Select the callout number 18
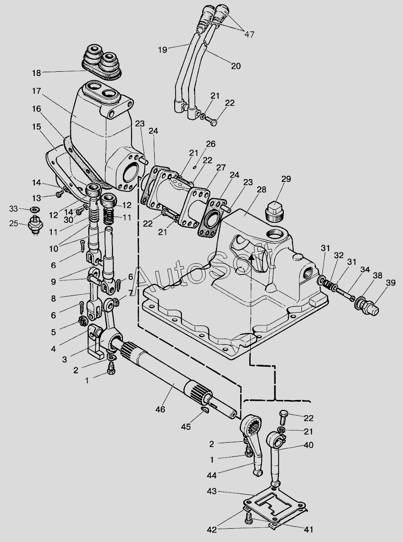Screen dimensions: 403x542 37,73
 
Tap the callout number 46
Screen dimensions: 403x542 160,409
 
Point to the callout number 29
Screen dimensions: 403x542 286,179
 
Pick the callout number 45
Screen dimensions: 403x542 186,427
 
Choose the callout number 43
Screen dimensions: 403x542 212,491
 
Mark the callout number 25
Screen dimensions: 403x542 14,223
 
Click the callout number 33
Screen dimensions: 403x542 13,209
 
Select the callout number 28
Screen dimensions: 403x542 262,190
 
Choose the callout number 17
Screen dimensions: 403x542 37,91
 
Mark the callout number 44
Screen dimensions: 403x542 212,475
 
